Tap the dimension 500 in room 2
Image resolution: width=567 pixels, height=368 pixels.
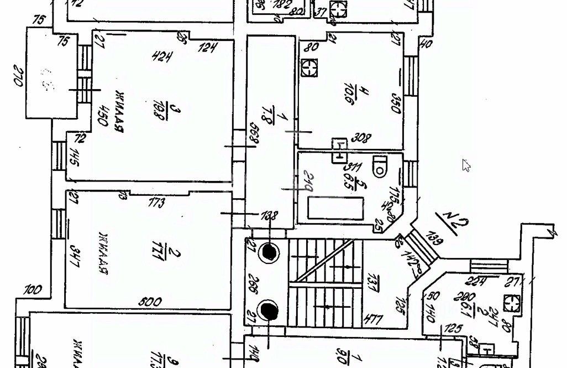(150, 302)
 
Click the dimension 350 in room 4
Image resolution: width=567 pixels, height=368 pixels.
(396, 103)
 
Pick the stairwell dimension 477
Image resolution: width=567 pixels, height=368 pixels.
(374, 319)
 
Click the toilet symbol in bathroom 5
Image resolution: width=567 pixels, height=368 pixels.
(380, 167)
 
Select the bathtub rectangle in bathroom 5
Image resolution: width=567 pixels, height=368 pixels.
(335, 209)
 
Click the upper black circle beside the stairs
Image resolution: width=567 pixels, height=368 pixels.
(270, 252)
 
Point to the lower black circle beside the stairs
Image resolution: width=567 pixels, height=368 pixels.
(270, 312)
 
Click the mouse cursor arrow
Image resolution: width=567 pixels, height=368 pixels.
(466, 165)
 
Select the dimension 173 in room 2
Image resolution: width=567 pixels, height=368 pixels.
(156, 203)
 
